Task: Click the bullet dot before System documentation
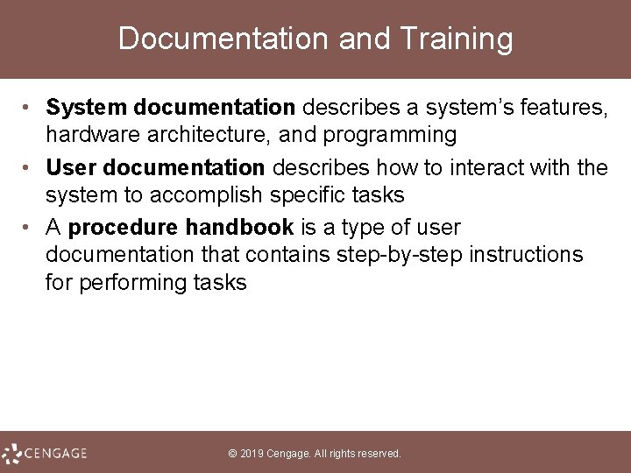pyautogui.click(x=28, y=108)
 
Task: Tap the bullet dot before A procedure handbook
pyautogui.click(x=28, y=229)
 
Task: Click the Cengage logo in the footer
pyautogui.click(x=45, y=453)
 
